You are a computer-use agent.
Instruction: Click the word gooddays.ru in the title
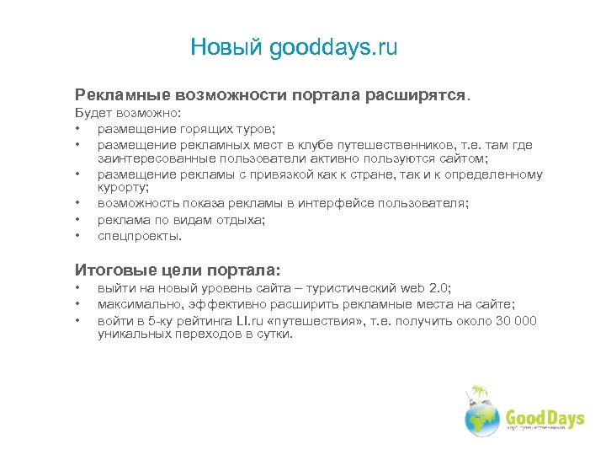334,48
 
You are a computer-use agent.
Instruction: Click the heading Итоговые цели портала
178,270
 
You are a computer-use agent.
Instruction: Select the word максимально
134,304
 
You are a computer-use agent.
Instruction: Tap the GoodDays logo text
544,419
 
